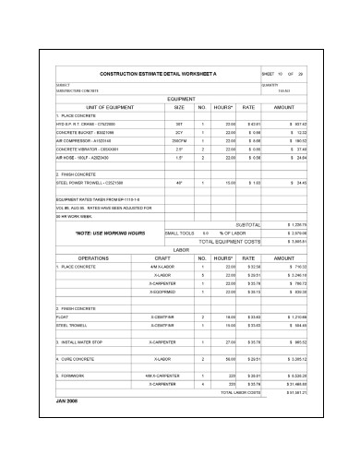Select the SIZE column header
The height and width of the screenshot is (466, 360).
point(178,107)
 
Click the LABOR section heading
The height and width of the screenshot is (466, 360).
point(181,249)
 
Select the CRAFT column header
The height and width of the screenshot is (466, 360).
point(162,257)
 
